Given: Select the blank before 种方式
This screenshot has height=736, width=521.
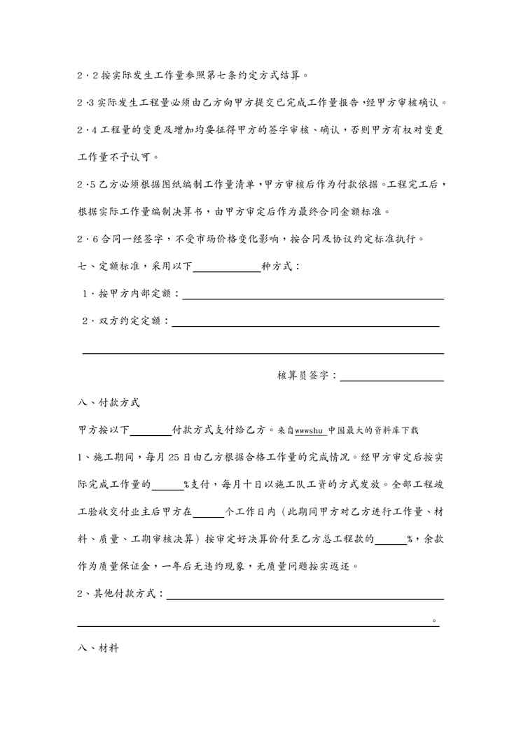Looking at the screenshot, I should [226, 267].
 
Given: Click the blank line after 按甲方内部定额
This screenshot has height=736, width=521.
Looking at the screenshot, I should [312, 295].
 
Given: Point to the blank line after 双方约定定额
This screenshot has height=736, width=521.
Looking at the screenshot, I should [305, 322].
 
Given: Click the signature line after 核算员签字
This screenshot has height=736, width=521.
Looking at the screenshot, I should [391, 376].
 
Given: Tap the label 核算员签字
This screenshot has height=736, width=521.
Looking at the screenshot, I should [306, 376].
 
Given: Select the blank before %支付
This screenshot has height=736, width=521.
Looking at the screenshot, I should [167, 485].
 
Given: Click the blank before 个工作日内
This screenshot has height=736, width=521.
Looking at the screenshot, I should [208, 512].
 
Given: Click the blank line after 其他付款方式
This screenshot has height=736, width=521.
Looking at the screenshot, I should [305, 595].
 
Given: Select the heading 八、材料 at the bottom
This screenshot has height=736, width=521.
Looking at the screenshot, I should [98, 649].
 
